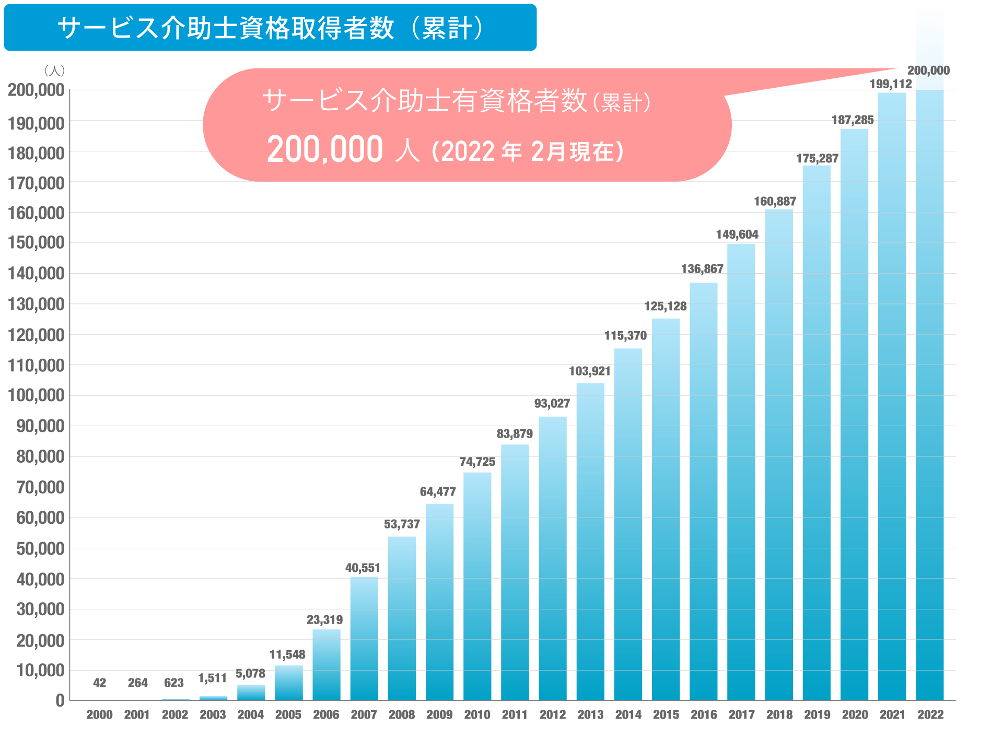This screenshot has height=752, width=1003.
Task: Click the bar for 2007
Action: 364,638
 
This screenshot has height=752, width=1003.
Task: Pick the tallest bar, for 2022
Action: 930,366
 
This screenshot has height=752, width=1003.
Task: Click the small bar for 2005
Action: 289,683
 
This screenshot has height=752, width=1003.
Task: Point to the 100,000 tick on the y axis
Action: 36,395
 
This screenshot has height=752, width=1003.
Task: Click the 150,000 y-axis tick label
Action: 36,243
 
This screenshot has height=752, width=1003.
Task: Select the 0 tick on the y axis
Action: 60,701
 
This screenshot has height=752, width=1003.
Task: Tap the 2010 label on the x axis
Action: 477,715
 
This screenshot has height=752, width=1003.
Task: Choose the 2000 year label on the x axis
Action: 99,715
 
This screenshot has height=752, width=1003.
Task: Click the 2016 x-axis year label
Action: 704,715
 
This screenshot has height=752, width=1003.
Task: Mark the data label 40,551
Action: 363,568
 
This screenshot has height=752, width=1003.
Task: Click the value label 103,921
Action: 589,371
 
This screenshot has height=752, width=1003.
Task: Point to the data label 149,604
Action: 737,234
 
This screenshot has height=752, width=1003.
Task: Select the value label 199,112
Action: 890,84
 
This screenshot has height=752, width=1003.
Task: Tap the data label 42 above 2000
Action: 99,683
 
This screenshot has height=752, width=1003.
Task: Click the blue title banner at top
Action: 270,28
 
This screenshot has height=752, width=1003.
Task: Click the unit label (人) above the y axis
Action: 54,70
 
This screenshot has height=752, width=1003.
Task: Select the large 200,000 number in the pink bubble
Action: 325,150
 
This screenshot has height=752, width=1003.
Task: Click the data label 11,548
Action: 287,654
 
